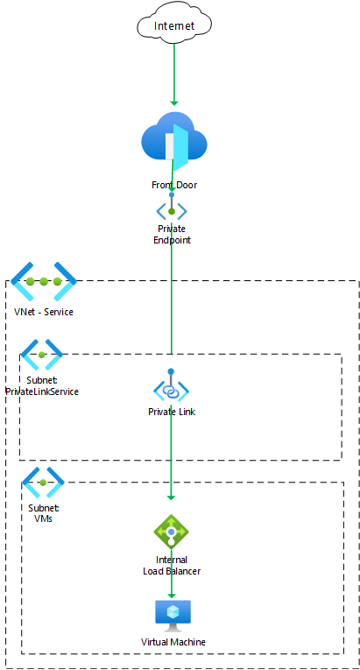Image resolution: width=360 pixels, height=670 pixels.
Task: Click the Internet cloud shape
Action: tap(174, 23)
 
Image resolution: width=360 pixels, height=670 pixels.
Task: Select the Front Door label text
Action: tap(174, 185)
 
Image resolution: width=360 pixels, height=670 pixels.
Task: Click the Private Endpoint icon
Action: tap(172, 209)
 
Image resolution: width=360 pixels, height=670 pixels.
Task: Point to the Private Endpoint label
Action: tap(172, 234)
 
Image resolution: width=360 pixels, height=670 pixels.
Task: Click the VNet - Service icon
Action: tap(44, 281)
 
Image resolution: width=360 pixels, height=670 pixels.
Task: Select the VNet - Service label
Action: tap(44, 312)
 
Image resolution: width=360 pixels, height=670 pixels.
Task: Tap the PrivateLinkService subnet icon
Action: tap(42, 355)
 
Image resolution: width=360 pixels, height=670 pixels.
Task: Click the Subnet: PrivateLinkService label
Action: tap(42, 386)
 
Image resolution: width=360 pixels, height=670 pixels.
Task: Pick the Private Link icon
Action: tap(171, 386)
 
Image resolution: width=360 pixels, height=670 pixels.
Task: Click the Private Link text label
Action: tap(172, 412)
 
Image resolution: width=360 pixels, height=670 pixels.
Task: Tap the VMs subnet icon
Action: tap(43, 483)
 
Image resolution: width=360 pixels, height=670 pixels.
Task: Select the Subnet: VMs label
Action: tap(44, 513)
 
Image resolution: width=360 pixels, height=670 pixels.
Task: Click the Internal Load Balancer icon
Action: tap(171, 532)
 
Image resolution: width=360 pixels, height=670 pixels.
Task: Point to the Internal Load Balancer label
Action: tap(172, 565)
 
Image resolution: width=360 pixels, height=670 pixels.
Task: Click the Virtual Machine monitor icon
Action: tap(173, 616)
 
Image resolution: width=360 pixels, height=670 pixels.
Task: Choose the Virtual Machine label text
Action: tap(173, 642)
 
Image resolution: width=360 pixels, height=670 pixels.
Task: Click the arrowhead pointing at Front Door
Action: tap(174, 103)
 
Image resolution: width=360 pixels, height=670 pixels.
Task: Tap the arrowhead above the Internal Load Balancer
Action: tap(171, 497)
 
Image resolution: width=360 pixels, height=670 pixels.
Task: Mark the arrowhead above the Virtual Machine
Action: tap(172, 596)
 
